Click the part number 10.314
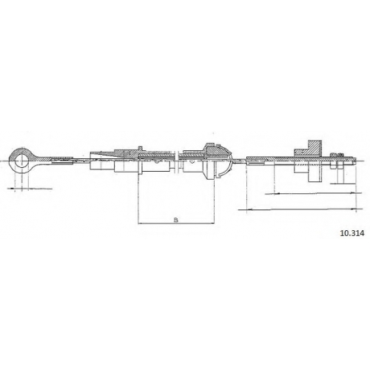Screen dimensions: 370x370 pyautogui.click(x=352, y=233)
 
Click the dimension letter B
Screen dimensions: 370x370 pyautogui.click(x=176, y=220)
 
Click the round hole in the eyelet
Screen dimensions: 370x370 pyautogui.click(x=20, y=161)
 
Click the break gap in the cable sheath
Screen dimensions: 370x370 pyautogui.click(x=176, y=161)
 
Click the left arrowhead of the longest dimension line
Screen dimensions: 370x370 pyautogui.click(x=249, y=209)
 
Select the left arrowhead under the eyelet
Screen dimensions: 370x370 pyautogui.click(x=12, y=189)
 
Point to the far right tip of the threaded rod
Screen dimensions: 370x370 pyautogui.click(x=356, y=161)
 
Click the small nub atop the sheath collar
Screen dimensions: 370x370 pyautogui.click(x=140, y=147)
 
